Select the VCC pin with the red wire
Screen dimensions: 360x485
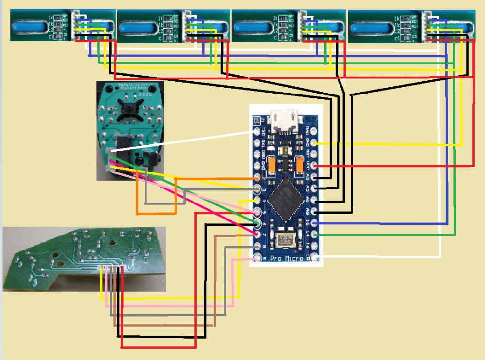coord(315,166)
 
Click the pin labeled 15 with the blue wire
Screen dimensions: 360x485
coord(315,223)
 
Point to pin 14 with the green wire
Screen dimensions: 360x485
coord(315,235)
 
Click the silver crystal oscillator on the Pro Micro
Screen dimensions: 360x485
coord(286,240)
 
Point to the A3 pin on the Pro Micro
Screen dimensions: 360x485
coord(315,177)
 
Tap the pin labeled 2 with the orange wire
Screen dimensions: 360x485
coord(257,177)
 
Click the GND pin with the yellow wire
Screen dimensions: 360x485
coord(315,143)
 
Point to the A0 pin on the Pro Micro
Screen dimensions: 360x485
coord(315,212)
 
